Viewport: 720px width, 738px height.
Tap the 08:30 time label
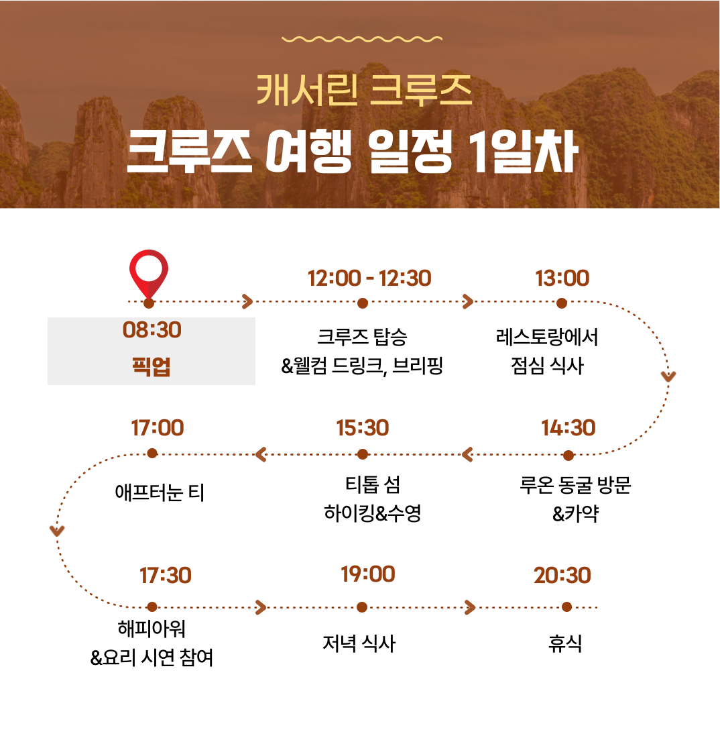point(152,330)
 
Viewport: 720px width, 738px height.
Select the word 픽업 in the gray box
point(151,366)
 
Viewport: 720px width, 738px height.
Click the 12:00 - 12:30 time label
point(369,278)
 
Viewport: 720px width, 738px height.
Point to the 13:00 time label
point(562,278)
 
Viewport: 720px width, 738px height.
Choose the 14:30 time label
point(568,428)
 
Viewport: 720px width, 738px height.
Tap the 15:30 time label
point(363,428)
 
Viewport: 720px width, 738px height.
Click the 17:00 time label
point(157,428)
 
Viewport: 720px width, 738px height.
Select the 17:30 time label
point(166,576)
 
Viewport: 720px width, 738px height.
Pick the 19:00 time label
point(368,574)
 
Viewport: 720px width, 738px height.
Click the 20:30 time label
point(562,576)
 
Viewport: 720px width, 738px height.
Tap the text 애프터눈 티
point(160,493)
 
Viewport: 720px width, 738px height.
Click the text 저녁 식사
point(359,643)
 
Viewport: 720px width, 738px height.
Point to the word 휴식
point(565,643)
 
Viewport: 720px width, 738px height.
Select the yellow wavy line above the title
point(362,39)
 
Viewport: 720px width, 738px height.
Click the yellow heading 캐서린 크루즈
point(364,90)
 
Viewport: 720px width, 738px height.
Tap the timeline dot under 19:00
point(362,607)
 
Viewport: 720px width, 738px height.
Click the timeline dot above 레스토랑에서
point(562,303)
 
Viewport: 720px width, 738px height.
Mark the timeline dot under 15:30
point(363,454)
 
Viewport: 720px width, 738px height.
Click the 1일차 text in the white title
point(524,152)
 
